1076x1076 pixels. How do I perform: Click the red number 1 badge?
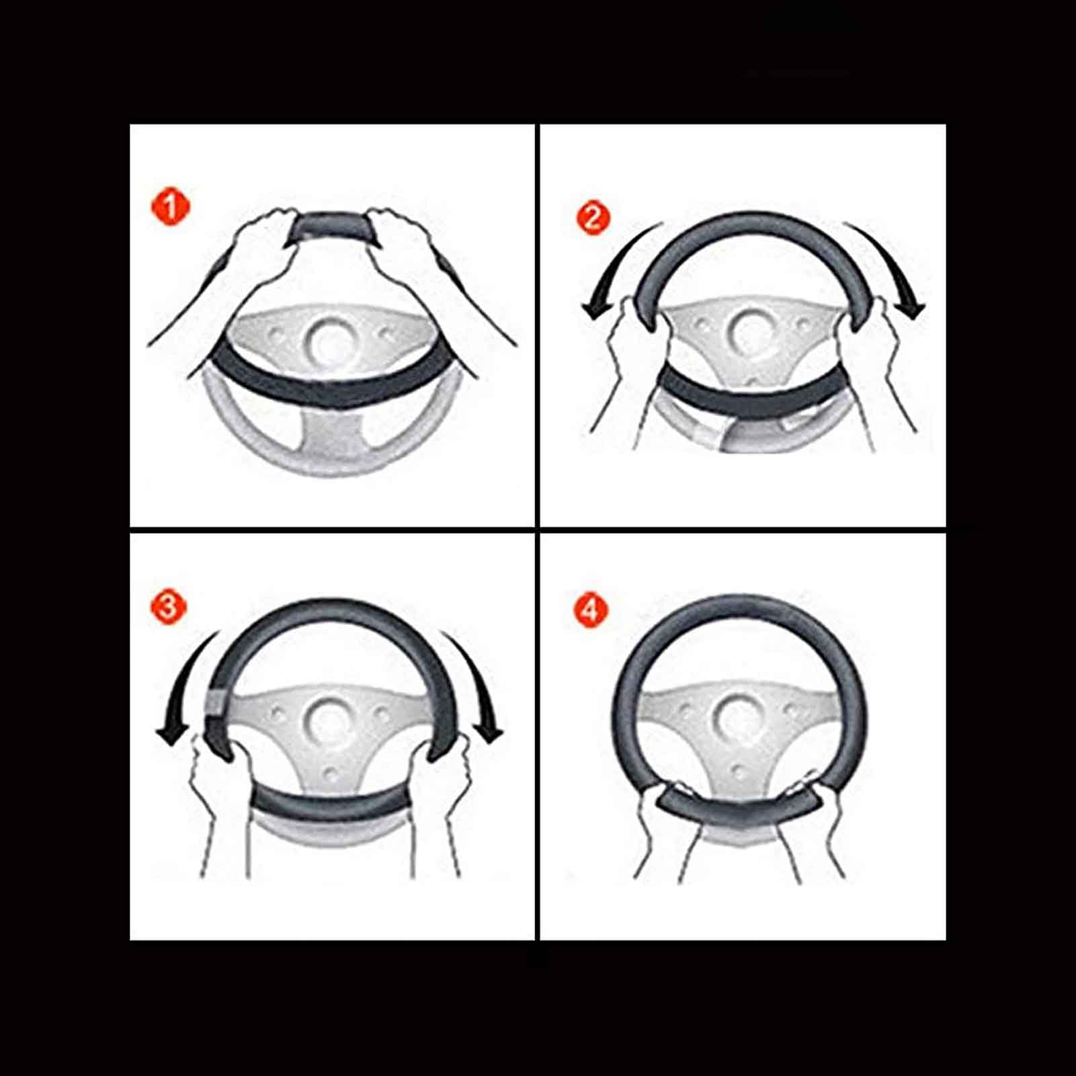click(171, 206)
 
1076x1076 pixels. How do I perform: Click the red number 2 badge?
click(593, 218)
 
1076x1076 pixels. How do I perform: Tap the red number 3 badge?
click(168, 607)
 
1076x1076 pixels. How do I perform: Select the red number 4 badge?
click(590, 610)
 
